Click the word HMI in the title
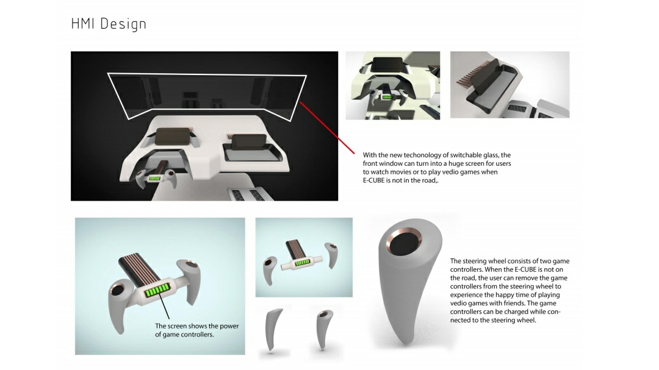pos(84,24)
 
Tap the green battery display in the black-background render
pos(156,178)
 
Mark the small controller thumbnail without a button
pos(273,329)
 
